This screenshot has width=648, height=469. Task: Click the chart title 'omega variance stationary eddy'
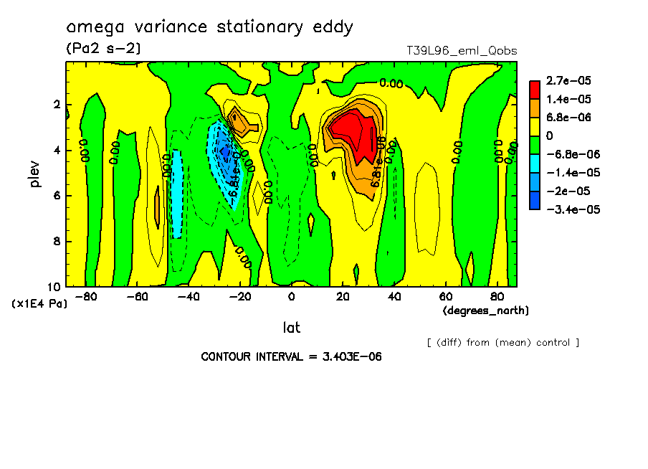pyautogui.click(x=209, y=27)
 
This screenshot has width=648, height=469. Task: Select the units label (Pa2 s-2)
pyautogui.click(x=103, y=49)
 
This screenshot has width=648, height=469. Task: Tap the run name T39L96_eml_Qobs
pyautogui.click(x=461, y=51)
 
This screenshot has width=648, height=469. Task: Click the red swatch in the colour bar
pyautogui.click(x=534, y=90)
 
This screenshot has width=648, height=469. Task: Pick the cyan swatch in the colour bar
pyautogui.click(x=534, y=173)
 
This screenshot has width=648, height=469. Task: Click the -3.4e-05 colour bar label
pyautogui.click(x=571, y=209)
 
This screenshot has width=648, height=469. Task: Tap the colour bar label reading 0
pyautogui.click(x=550, y=136)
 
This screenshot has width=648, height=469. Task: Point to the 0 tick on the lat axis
pyautogui.click(x=291, y=297)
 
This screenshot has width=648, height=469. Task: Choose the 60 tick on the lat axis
pyautogui.click(x=445, y=297)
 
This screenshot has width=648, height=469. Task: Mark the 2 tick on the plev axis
pyautogui.click(x=57, y=105)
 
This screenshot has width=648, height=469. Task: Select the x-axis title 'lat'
pyautogui.click(x=291, y=328)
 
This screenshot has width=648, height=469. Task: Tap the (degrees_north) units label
pyautogui.click(x=485, y=311)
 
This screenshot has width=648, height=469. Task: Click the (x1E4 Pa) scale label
pyautogui.click(x=39, y=303)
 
